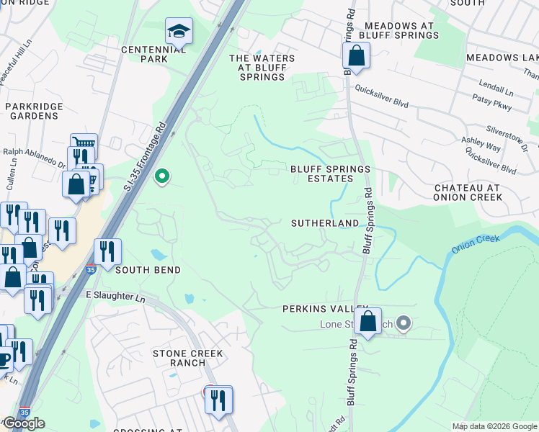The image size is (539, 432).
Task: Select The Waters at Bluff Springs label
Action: coord(262,68)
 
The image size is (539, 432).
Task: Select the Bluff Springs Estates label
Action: coord(329,174)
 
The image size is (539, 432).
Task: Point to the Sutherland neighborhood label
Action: coord(324,224)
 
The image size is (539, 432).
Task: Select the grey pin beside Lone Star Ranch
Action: coord(403,323)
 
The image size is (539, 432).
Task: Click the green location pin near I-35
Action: coord(163,175)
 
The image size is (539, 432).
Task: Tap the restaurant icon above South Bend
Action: coord(107,251)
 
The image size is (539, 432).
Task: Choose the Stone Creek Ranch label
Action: coord(187,358)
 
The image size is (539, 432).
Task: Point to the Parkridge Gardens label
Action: coord(32,111)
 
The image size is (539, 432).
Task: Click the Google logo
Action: coord(24,423)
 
